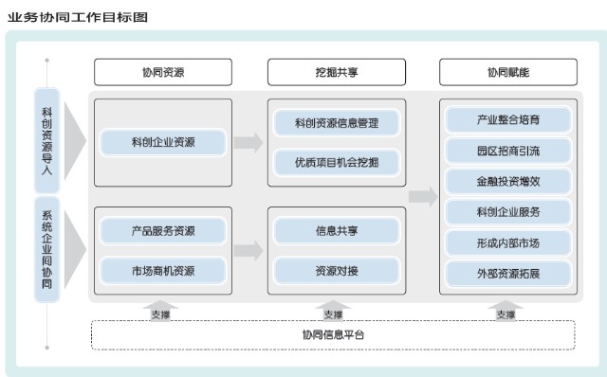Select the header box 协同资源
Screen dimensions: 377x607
162,72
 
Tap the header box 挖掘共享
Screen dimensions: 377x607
336,72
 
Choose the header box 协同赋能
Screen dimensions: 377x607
508,72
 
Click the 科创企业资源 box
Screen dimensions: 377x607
163,143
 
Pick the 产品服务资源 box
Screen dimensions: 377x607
163,230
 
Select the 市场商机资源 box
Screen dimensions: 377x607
163,270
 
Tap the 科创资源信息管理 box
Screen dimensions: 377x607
336,122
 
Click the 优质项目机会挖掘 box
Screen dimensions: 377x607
336,162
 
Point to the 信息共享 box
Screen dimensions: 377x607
336,230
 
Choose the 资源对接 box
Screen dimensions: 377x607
336,270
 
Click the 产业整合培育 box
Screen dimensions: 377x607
508,120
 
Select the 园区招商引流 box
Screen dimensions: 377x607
508,150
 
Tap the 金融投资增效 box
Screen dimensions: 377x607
508,179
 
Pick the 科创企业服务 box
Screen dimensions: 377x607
508,210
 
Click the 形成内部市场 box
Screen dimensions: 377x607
508,242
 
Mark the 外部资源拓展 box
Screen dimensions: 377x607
508,274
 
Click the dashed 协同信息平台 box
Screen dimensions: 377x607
333,335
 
